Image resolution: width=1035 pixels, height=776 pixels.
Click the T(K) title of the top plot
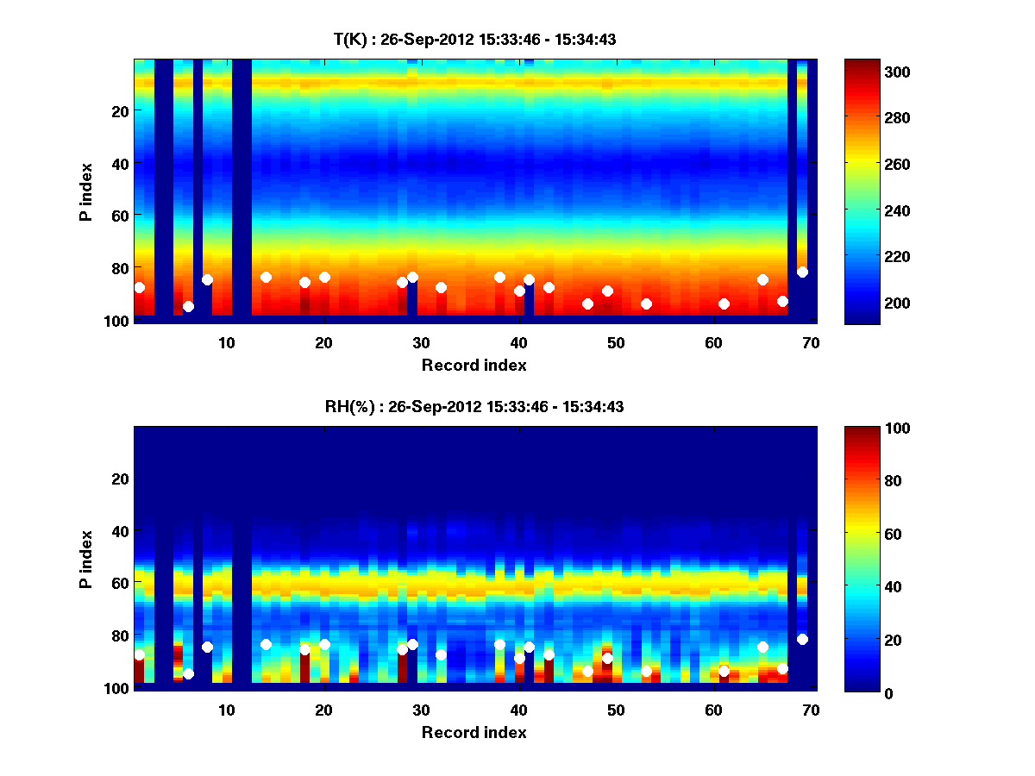pyautogui.click(x=474, y=39)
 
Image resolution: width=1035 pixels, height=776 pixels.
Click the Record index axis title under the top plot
pyautogui.click(x=474, y=365)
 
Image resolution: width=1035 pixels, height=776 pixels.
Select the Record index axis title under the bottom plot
pyautogui.click(x=474, y=732)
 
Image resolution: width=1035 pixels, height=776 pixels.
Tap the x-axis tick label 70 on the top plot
pyautogui.click(x=810, y=342)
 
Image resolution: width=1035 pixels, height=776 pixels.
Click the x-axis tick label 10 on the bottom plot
pyautogui.click(x=226, y=710)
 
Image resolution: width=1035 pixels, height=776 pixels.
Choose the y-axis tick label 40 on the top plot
pyautogui.click(x=119, y=163)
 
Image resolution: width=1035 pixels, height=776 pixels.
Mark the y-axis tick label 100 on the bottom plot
pyautogui.click(x=116, y=688)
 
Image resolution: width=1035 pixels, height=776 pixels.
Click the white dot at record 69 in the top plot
pyautogui.click(x=802, y=272)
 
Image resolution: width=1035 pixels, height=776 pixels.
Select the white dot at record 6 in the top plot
pyautogui.click(x=188, y=306)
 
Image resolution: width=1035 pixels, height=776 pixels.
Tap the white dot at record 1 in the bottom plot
pyautogui.click(x=140, y=655)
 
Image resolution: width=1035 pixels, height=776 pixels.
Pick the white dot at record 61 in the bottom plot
pyautogui.click(x=724, y=671)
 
